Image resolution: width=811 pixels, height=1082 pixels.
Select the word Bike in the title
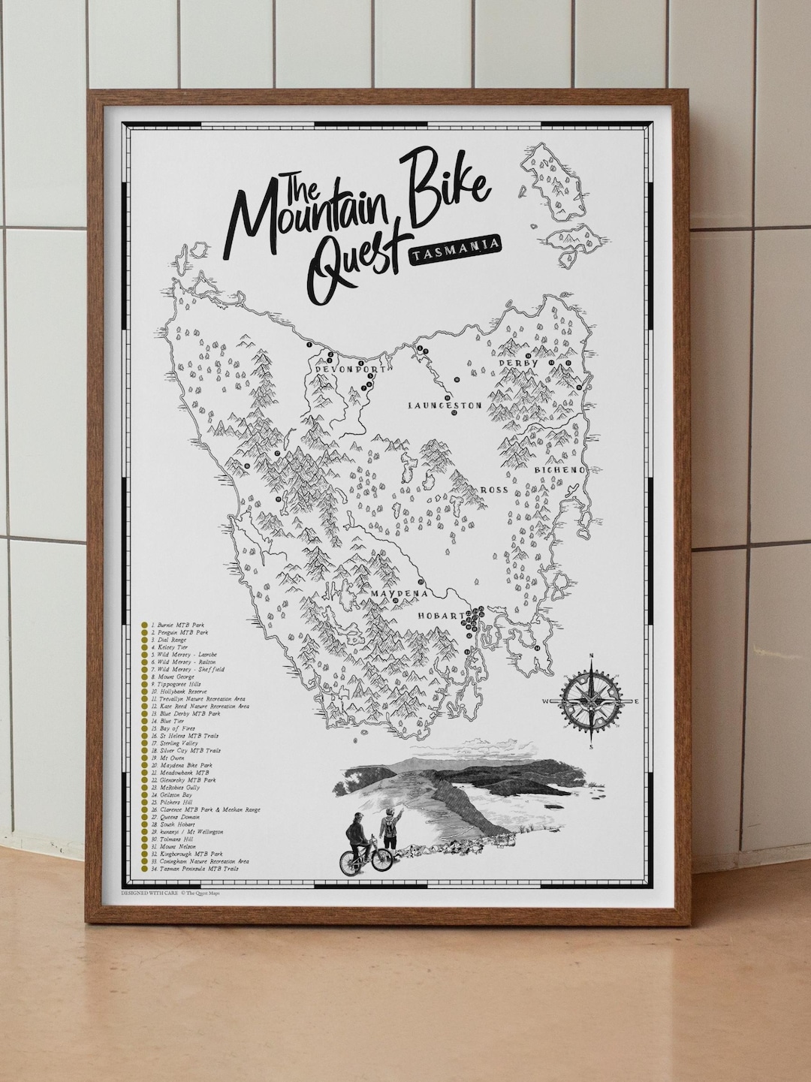(x=445, y=191)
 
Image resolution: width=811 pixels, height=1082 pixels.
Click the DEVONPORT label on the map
(x=344, y=370)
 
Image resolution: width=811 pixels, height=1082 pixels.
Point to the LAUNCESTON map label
(x=444, y=405)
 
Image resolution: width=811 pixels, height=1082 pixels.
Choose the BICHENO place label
(x=559, y=469)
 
